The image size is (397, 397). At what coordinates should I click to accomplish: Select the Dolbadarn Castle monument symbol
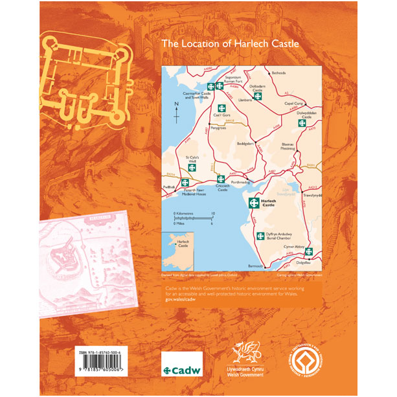coord(258,97)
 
